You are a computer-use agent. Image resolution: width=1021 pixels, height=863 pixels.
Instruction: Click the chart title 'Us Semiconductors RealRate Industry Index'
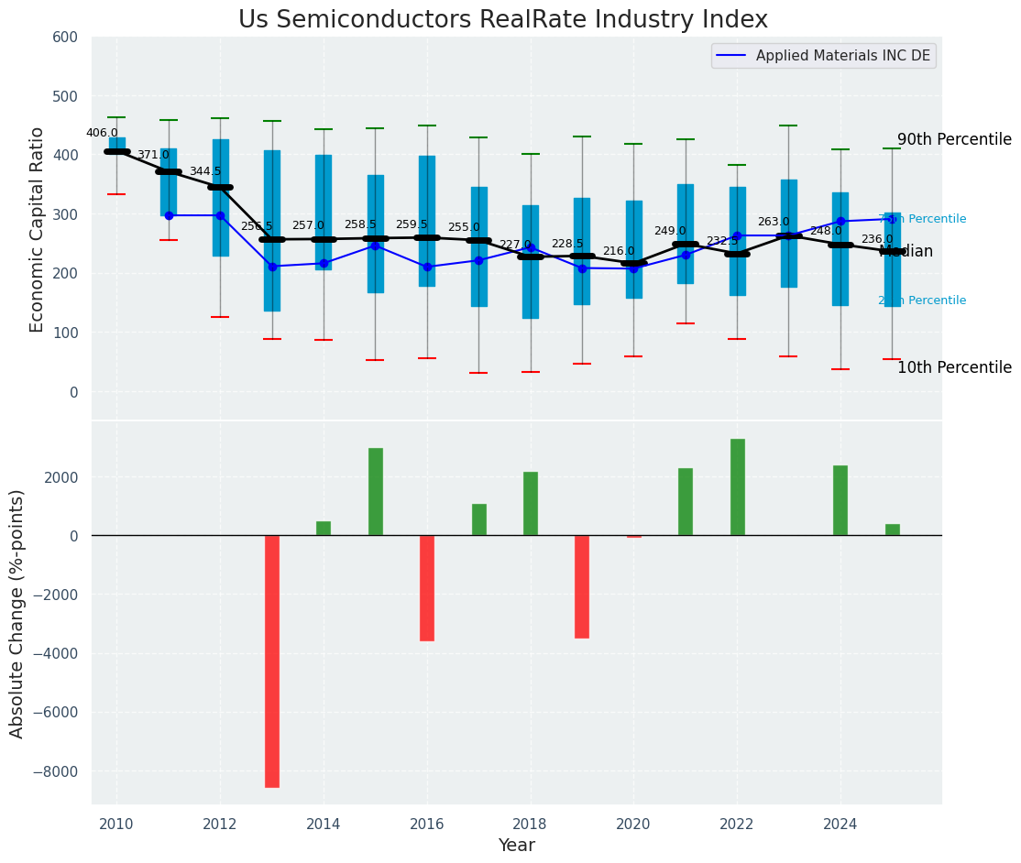tap(503, 20)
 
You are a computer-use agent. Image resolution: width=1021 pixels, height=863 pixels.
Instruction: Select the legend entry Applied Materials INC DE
tap(842, 56)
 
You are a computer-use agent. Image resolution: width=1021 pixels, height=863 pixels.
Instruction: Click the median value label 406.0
tap(102, 133)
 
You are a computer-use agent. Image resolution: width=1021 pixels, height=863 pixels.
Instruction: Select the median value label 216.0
tap(619, 251)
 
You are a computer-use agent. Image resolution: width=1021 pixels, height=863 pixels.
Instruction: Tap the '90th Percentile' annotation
tap(954, 140)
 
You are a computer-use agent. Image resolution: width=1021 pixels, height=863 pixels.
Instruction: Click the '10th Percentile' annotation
tap(954, 367)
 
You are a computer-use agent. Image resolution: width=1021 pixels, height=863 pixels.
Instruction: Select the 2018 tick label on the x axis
tap(530, 825)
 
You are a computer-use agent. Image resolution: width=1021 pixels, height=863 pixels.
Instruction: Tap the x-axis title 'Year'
tap(516, 846)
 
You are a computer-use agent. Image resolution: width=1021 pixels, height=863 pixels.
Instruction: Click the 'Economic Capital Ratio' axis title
tap(38, 229)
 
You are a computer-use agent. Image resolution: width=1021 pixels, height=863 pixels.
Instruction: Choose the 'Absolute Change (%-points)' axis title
tap(17, 613)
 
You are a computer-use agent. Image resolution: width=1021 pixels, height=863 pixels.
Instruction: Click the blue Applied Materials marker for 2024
tap(840, 221)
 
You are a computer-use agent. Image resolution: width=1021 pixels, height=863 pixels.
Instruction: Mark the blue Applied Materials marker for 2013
tap(272, 267)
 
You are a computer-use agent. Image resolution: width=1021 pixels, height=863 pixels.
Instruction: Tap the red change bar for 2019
tap(582, 586)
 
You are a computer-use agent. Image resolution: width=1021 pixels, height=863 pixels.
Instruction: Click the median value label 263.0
tap(774, 222)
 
